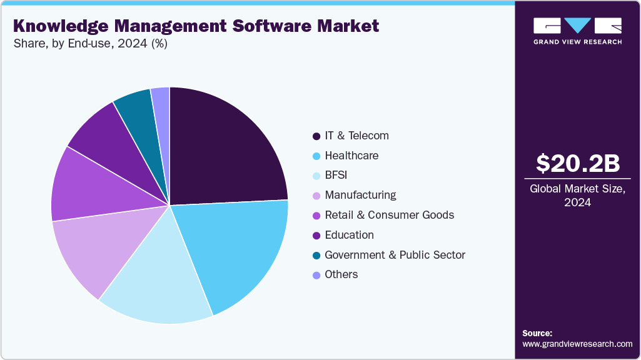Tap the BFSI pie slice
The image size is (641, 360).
(x=163, y=281)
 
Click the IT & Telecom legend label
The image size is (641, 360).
(x=356, y=136)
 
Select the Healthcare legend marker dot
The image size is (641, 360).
(x=316, y=156)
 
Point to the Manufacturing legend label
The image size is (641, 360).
(x=360, y=195)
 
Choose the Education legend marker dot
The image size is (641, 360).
(x=316, y=235)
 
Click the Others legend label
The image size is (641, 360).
(x=341, y=274)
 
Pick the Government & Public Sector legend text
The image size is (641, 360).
(x=395, y=254)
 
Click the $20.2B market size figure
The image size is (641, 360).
(x=577, y=163)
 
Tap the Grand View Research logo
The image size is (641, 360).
(x=577, y=31)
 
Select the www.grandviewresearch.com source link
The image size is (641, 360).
(x=577, y=344)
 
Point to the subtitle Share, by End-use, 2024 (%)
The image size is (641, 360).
(x=90, y=44)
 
